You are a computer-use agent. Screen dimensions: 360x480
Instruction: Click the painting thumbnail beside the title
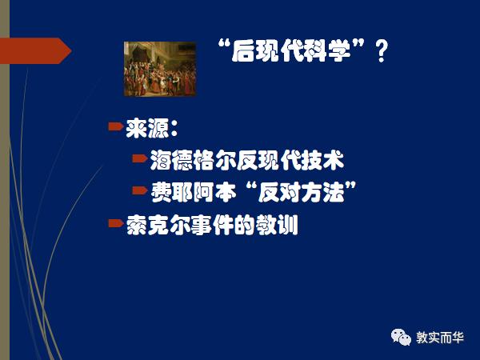(x=158, y=69)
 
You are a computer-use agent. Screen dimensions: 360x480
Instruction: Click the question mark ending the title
(x=382, y=52)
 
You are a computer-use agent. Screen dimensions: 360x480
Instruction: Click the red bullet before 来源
(x=116, y=125)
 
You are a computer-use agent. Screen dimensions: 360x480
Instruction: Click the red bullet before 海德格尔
(x=140, y=158)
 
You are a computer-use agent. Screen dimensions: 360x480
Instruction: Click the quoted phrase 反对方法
(x=305, y=192)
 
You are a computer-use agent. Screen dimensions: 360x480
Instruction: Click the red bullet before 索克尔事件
(x=116, y=222)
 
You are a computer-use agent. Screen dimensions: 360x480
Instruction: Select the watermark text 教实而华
(x=443, y=337)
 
